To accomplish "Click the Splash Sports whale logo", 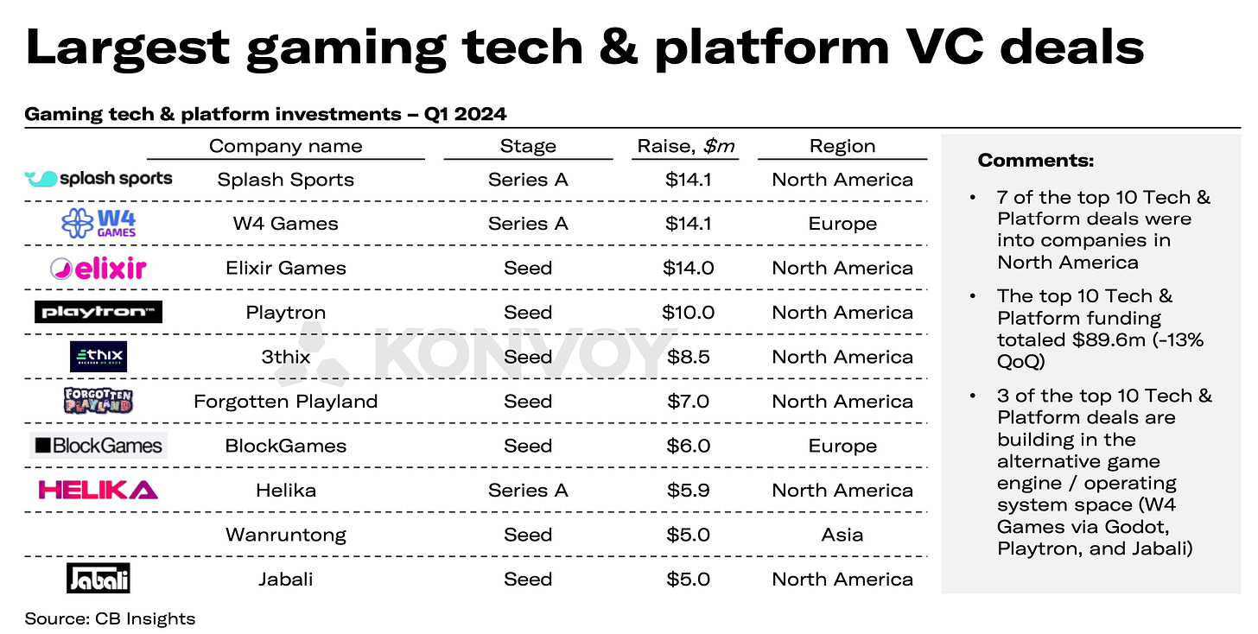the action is click(98, 179).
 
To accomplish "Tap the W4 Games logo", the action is click(98, 224).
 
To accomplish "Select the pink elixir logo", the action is click(98, 269).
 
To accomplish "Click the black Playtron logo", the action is click(98, 312).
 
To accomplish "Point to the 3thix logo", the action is click(98, 357).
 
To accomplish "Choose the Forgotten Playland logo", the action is click(98, 401).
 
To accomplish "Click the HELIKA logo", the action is click(98, 491).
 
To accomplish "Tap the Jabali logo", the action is click(98, 579).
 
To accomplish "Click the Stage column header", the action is click(528, 146).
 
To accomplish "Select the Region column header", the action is click(842, 146).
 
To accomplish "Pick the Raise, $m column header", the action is click(686, 146).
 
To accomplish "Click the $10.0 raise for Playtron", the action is click(688, 312).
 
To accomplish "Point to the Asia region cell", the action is click(842, 535).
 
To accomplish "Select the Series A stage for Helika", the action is click(528, 491).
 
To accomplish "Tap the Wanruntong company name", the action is click(286, 536).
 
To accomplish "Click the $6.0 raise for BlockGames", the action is click(688, 446).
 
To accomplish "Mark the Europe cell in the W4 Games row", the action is click(842, 224).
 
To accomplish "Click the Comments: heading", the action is click(1036, 161).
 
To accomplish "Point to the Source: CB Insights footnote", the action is click(110, 618).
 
